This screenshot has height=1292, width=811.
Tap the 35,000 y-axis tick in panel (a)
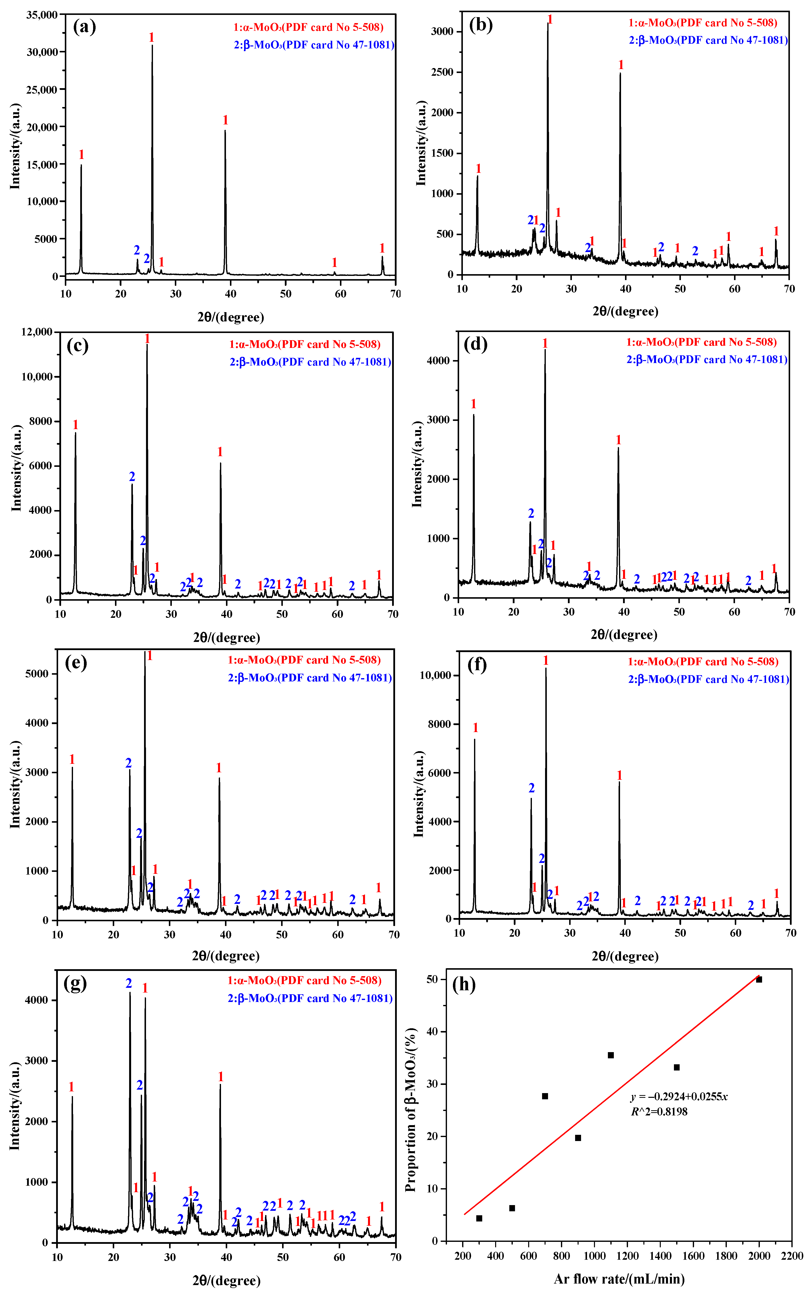[x=42, y=15]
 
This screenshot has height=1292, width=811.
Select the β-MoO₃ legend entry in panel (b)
[x=708, y=40]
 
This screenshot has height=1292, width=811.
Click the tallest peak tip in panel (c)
[x=147, y=345]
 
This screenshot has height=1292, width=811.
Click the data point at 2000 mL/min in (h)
[x=759, y=980]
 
